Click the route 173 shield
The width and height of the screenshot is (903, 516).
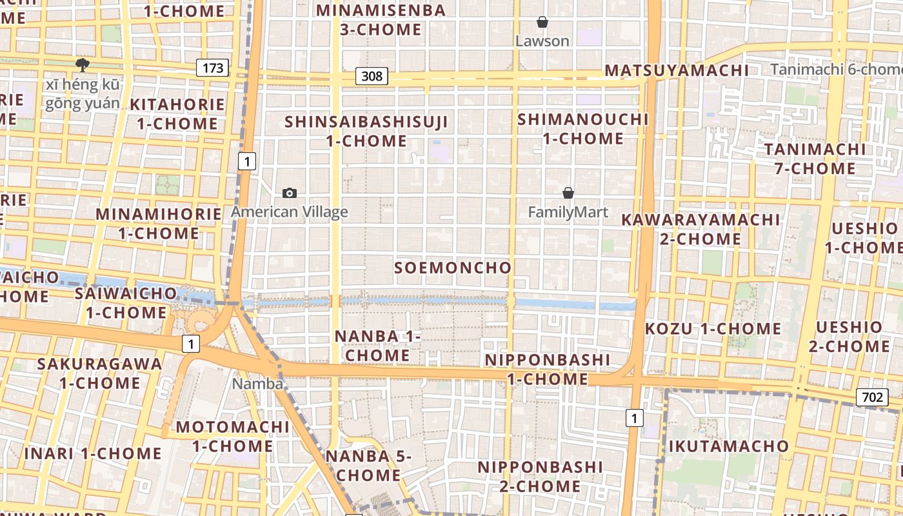pos(213,67)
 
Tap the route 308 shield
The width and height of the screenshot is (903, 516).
pos(372,76)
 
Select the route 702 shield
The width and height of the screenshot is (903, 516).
pos(871,397)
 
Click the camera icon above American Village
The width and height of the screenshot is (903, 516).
pos(290,193)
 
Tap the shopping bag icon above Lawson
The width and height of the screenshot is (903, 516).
pos(542,23)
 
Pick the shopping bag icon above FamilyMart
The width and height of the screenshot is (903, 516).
pos(568,193)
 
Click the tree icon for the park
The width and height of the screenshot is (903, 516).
pos(82,64)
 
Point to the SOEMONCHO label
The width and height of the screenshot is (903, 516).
pos(453,268)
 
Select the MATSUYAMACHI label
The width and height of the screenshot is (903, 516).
pos(677,70)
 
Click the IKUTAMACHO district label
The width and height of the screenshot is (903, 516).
pos(728,446)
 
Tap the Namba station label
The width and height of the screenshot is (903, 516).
pos(257,384)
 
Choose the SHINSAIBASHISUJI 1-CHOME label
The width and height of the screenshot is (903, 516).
pos(366,131)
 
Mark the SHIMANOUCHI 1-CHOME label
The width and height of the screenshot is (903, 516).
pos(583,128)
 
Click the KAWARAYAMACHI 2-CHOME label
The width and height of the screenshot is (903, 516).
pos(700,229)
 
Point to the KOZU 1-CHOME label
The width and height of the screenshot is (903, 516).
pos(713,328)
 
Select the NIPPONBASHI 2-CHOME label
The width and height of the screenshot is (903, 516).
pos(541,476)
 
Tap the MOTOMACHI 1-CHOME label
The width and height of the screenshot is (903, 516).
pos(233,436)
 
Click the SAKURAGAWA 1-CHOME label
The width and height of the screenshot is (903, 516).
pos(100,373)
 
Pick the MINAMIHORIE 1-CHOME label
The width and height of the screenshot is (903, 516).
pos(159,223)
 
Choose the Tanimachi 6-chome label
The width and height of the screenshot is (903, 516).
pos(836,69)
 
